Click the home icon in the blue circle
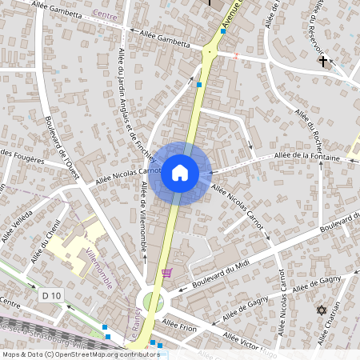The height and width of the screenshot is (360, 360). [x=180, y=172]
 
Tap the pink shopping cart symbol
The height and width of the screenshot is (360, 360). [x=166, y=273]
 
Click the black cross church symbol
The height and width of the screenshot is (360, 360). [x=323, y=60]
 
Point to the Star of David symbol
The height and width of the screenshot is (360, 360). [x=322, y=310]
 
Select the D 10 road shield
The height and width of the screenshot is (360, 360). [x=52, y=296]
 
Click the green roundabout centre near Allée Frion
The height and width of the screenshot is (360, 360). [x=152, y=302]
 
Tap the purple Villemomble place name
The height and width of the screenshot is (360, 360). [x=100, y=269]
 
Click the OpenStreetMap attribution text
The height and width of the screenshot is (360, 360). [x=81, y=354]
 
